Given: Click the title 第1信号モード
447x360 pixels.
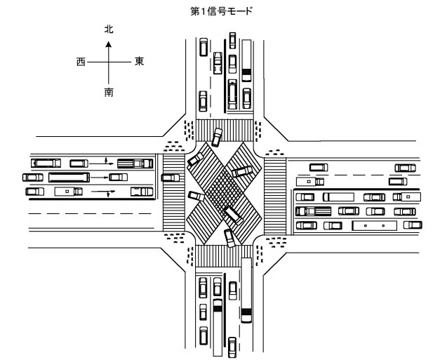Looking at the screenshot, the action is pyautogui.click(x=221, y=11).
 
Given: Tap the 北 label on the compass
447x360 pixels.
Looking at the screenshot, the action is pyautogui.click(x=109, y=29).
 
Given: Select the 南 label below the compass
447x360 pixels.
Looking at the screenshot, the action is pyautogui.click(x=109, y=92).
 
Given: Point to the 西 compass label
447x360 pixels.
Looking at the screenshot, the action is pyautogui.click(x=81, y=62).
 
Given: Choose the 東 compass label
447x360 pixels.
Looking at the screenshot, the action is pyautogui.click(x=139, y=61).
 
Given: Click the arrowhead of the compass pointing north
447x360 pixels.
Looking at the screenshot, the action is pyautogui.click(x=108, y=44).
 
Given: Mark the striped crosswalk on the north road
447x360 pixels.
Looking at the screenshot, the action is pyautogui.click(x=225, y=131).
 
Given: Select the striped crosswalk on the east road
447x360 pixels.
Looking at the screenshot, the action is pyautogui.click(x=275, y=196).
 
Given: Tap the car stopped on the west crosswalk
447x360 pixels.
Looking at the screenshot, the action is pyautogui.click(x=171, y=178).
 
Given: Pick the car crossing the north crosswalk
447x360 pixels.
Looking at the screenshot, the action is pyautogui.click(x=217, y=138).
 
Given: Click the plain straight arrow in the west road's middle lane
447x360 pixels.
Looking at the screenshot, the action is pyautogui.click(x=100, y=178).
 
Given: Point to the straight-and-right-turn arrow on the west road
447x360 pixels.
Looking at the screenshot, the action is pyautogui.click(x=103, y=192).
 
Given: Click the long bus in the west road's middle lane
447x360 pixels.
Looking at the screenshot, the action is pyautogui.click(x=69, y=178).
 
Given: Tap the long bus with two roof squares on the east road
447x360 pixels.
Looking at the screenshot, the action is pyautogui.click(x=375, y=225).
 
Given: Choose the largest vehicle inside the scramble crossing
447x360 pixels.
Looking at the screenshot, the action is pyautogui.click(x=233, y=215).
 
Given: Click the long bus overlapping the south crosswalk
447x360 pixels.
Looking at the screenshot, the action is pyautogui.click(x=246, y=290).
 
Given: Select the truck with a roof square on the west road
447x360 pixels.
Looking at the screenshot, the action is pyautogui.click(x=69, y=192).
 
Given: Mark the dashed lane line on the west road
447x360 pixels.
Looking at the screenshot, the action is pyautogui.click(x=90, y=213).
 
